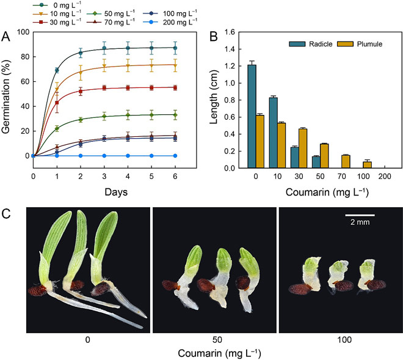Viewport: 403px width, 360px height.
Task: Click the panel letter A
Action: tap(7, 37)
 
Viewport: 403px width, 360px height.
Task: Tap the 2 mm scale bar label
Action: tap(360, 224)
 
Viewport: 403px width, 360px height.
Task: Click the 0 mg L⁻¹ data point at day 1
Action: tap(57, 70)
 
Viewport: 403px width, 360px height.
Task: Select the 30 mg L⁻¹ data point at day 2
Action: tap(81, 92)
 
